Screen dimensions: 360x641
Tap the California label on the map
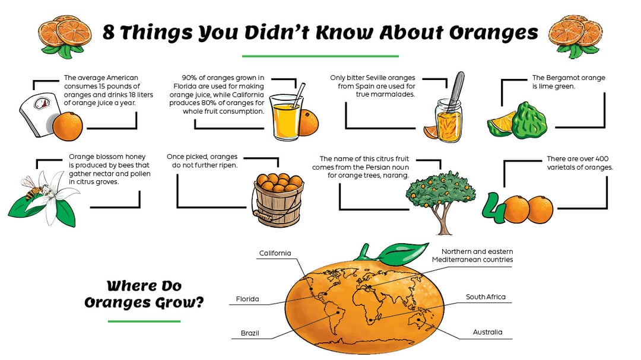(275, 253)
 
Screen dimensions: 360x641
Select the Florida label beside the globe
(247, 299)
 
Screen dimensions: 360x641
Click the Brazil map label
(250, 333)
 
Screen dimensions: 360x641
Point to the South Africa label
(485, 297)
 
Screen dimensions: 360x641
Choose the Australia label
(487, 332)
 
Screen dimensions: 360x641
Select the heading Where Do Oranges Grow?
(144, 294)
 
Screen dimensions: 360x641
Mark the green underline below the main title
(320, 56)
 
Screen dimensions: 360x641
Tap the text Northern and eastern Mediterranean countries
(472, 256)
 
